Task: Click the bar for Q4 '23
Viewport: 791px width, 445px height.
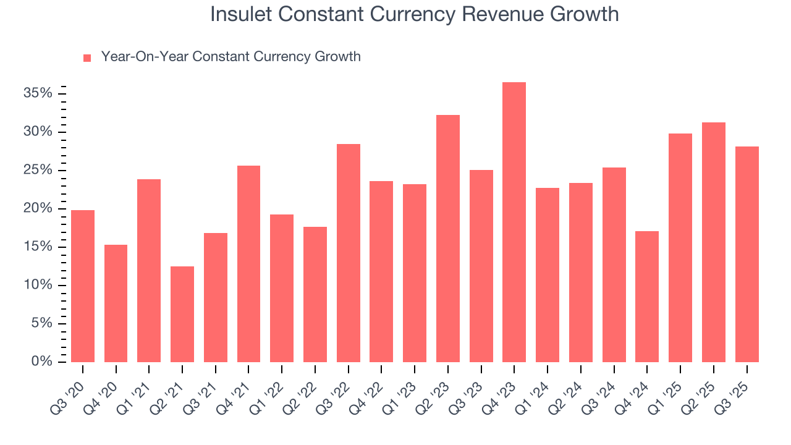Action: pyautogui.click(x=514, y=222)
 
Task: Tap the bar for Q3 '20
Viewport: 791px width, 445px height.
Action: pyautogui.click(x=83, y=286)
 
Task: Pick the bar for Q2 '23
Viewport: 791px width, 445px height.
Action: pyautogui.click(x=448, y=239)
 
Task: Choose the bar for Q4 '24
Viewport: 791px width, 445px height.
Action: pyautogui.click(x=647, y=297)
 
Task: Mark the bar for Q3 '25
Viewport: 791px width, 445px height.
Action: pyautogui.click(x=747, y=254)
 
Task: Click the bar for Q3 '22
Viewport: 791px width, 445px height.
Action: pyautogui.click(x=349, y=253)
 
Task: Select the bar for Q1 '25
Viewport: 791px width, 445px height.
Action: pyautogui.click(x=680, y=248)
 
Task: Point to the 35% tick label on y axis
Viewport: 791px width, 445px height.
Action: pyautogui.click(x=38, y=93)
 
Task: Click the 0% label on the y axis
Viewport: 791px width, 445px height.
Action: pyautogui.click(x=41, y=362)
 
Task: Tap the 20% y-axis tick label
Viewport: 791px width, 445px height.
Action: pyautogui.click(x=38, y=208)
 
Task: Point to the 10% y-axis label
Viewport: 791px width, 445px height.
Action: pyautogui.click(x=38, y=285)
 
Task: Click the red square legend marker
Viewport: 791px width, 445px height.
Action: pyautogui.click(x=87, y=57)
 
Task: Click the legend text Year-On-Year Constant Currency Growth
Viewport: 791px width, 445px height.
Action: pyautogui.click(x=231, y=57)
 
